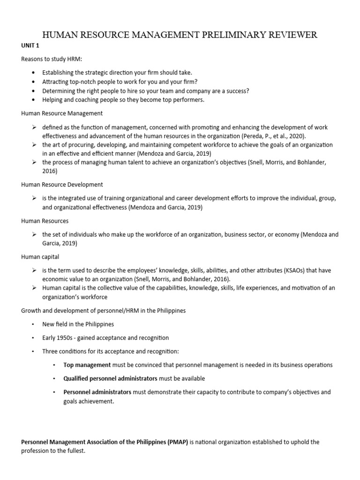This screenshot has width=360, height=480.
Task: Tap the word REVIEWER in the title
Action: click(290, 35)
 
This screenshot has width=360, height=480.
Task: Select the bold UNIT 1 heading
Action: click(29, 46)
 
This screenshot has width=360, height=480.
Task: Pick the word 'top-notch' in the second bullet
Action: click(82, 82)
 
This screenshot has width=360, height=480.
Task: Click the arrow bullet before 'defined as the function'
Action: click(34, 127)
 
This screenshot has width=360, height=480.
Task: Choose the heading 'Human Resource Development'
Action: click(62, 185)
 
